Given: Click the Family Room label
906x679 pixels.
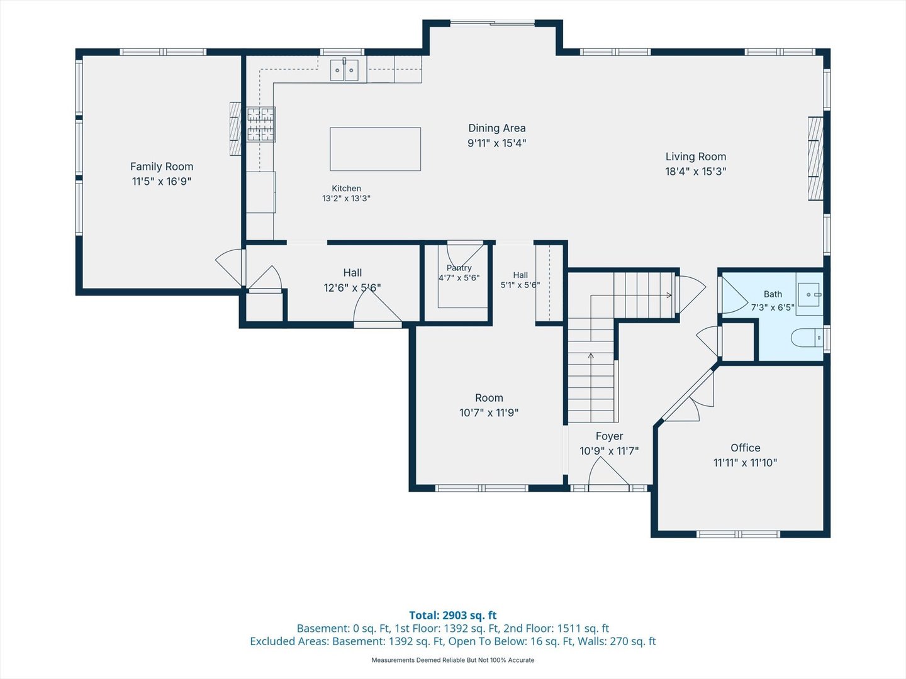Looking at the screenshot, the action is coord(162,167).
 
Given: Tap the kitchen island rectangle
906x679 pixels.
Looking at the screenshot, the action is coord(375,149).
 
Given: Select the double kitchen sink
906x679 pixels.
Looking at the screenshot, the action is coord(344,70).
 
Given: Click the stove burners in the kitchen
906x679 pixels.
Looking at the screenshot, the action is coord(261,124).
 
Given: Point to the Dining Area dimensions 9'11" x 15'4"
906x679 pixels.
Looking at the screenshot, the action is coord(497,143).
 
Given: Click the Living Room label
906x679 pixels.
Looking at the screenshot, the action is coord(696,157).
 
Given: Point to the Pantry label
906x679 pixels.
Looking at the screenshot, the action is coord(459,268).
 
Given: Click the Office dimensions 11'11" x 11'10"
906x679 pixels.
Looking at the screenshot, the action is coord(746,463).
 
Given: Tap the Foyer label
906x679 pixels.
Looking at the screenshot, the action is coord(609,436).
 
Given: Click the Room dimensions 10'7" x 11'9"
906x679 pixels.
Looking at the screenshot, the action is coord(489,412).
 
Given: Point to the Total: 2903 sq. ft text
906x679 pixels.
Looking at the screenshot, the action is coord(453,615).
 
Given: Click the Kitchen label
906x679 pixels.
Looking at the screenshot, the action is coord(346,189).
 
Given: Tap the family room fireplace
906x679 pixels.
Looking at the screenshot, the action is coord(235,129).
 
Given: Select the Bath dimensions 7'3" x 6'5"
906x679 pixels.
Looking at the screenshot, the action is coord(773,307).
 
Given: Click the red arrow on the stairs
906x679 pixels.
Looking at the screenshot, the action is coord(669,295).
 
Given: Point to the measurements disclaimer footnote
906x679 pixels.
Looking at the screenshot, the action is coord(453,660).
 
